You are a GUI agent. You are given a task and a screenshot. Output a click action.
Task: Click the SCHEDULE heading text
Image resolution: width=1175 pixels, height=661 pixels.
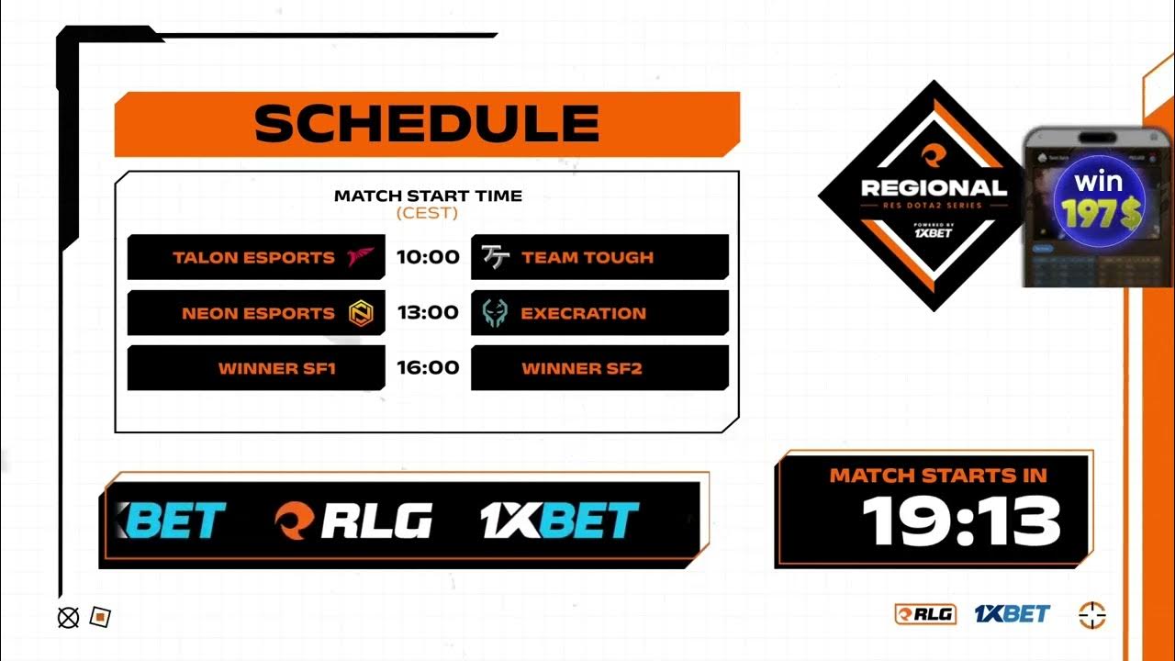tap(427, 124)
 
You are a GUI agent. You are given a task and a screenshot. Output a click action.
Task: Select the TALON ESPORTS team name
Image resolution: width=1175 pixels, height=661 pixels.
tap(253, 258)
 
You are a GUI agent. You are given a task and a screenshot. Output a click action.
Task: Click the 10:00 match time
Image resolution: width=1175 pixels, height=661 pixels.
tap(428, 257)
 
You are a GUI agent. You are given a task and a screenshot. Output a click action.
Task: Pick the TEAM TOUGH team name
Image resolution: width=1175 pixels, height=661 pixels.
tap(587, 258)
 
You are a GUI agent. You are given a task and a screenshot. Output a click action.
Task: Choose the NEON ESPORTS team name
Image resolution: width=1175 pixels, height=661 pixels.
tap(258, 313)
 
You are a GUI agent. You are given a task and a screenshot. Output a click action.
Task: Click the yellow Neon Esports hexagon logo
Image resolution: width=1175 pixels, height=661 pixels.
tap(360, 314)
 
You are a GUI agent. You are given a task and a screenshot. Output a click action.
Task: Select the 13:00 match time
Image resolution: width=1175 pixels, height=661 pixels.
tap(428, 312)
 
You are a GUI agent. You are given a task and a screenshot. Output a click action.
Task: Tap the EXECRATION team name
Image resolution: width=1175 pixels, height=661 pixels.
tap(583, 313)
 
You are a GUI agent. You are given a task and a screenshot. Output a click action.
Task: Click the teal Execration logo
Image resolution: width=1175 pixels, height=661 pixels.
tap(496, 314)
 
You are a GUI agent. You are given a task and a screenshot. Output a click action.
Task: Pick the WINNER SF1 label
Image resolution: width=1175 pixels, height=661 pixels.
tap(277, 369)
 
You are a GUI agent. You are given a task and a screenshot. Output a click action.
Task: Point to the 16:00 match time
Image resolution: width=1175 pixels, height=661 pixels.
tap(428, 367)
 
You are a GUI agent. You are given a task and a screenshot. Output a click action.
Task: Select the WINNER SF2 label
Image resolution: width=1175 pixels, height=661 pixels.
tap(582, 369)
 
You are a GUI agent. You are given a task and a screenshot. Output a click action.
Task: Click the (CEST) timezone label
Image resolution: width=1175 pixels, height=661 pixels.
tap(427, 213)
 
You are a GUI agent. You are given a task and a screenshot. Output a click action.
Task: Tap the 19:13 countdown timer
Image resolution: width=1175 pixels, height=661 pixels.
tap(961, 521)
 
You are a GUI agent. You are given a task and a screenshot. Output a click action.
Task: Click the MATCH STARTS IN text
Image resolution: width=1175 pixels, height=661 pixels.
tap(938, 476)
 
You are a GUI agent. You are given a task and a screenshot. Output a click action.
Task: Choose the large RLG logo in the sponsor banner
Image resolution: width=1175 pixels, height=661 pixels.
tap(353, 521)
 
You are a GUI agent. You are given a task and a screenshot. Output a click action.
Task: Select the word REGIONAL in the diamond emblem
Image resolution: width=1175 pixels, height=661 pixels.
tap(934, 188)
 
